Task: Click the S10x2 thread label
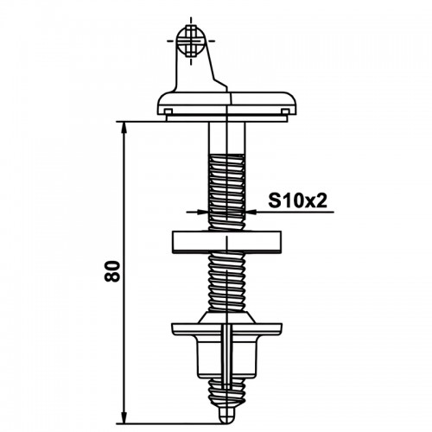(x=298, y=200)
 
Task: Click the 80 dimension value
(x=112, y=271)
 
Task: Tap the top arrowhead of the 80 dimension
(x=124, y=128)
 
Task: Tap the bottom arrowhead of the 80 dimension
(x=124, y=418)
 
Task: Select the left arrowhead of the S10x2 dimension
(x=202, y=212)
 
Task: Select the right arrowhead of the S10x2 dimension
(x=251, y=212)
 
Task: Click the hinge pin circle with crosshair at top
(x=191, y=41)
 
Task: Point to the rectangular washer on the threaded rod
(x=226, y=242)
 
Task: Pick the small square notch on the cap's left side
(x=168, y=111)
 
